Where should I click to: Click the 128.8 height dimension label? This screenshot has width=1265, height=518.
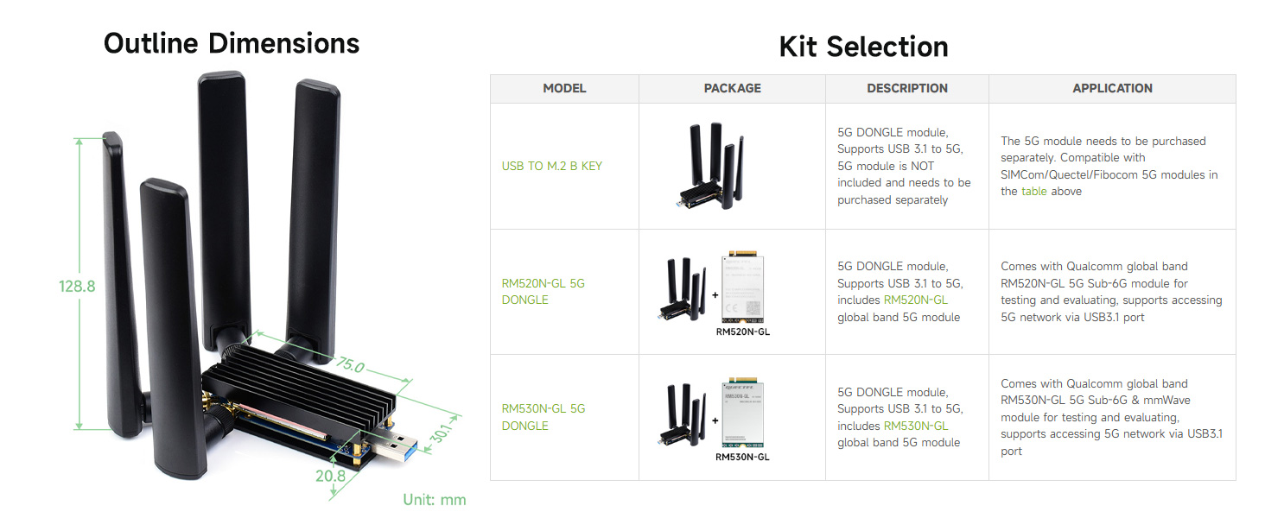[77, 286]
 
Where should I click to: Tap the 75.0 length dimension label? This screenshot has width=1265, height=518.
[350, 365]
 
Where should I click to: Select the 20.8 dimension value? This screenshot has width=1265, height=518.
[330, 476]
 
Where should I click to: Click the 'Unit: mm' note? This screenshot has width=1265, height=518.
[435, 499]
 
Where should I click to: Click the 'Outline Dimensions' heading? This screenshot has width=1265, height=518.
[232, 43]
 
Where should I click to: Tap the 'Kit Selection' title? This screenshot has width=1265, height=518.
[863, 47]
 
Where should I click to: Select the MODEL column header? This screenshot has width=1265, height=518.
[564, 88]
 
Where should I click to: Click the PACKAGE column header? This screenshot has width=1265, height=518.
[732, 88]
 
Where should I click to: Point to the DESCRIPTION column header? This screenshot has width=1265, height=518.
[907, 88]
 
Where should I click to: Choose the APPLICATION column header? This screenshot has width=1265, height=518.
[1112, 88]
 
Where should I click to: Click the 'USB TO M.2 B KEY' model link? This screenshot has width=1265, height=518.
[552, 166]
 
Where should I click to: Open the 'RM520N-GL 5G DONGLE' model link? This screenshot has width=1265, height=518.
[544, 291]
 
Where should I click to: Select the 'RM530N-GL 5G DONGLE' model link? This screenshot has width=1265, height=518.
[544, 417]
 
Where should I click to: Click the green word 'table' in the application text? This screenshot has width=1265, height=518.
[1034, 192]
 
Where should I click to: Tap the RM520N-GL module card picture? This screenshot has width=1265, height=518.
[742, 287]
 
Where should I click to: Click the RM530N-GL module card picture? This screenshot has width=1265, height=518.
[742, 413]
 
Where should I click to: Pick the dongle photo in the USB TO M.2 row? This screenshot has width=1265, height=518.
[711, 166]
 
